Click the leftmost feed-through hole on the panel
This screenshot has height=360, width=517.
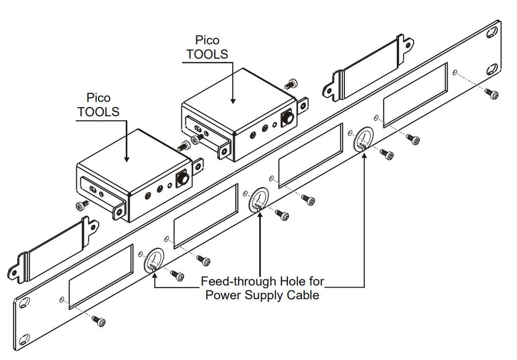(152, 260)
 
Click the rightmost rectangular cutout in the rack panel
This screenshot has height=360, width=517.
(415, 95)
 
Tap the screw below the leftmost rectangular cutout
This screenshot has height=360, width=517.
(100, 321)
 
